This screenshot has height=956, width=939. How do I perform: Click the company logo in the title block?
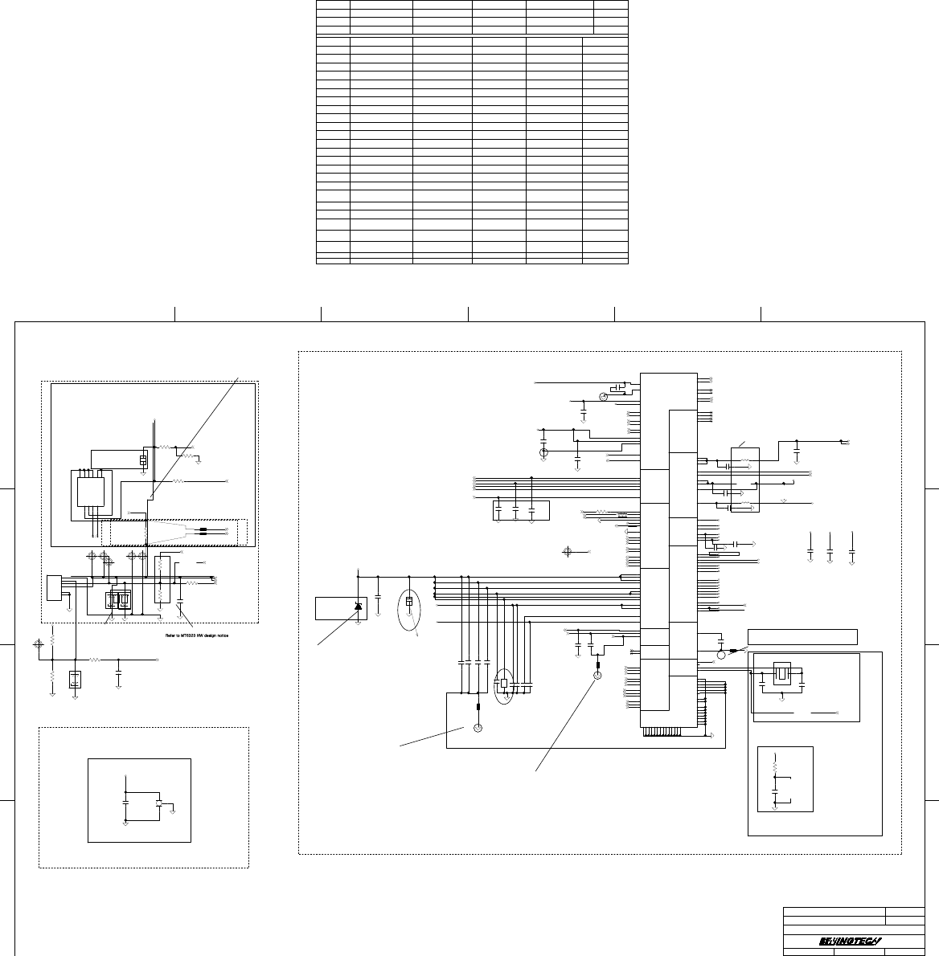click(x=851, y=941)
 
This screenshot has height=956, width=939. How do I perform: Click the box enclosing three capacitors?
click(x=520, y=510)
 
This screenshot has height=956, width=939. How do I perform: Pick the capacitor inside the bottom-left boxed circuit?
click(x=125, y=801)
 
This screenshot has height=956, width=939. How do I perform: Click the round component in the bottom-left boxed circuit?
click(x=160, y=803)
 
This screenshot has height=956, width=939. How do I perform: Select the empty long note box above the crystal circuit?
click(x=802, y=637)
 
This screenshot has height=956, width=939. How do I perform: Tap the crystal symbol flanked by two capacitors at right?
click(x=781, y=674)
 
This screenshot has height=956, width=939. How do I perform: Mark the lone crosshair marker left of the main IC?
click(x=568, y=551)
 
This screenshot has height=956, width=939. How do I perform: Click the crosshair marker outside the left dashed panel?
click(x=38, y=644)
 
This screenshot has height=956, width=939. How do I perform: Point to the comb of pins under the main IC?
click(x=667, y=731)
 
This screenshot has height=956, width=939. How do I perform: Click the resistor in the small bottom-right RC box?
click(x=774, y=767)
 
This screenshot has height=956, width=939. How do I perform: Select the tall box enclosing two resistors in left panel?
click(x=160, y=579)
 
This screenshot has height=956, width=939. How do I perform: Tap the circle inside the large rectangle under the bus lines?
click(x=478, y=728)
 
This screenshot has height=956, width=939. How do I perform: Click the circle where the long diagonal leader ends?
click(x=597, y=676)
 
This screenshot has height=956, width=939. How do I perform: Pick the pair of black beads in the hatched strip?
click(x=207, y=531)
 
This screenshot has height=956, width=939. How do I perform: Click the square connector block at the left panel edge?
click(x=55, y=587)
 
